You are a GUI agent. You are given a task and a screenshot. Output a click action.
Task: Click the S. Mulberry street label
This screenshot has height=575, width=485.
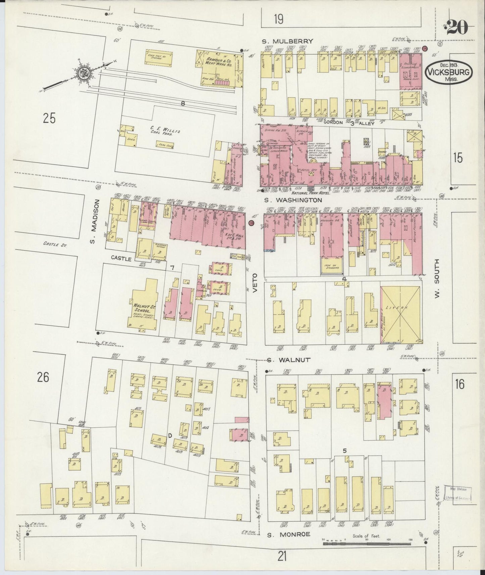coord(288,41)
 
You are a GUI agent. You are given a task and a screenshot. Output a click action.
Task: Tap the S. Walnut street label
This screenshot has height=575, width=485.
coord(289,360)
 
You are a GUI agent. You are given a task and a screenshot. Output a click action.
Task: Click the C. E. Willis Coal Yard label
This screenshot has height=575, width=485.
coord(166,131)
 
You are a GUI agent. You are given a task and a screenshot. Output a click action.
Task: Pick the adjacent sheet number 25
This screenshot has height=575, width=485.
coord(49,118)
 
